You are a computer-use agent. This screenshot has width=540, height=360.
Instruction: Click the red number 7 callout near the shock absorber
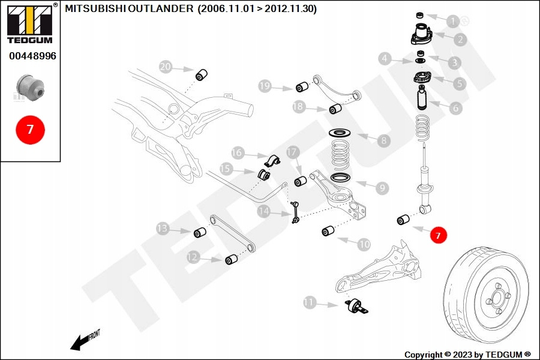click(x=438, y=236)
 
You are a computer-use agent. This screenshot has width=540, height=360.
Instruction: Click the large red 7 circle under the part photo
click(x=30, y=129)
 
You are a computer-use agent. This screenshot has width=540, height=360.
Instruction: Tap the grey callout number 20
click(x=166, y=66)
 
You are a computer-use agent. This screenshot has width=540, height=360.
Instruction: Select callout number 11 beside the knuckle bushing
click(x=309, y=302)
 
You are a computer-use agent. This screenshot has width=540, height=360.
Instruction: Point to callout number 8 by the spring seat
click(x=383, y=141)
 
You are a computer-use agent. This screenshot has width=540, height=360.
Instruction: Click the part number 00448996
click(x=32, y=56)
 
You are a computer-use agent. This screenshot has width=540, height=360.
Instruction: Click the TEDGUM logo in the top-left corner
click(x=29, y=24)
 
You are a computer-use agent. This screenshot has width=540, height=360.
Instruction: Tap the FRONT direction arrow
click(x=84, y=340)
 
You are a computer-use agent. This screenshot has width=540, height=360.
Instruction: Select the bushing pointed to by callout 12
click(x=232, y=259)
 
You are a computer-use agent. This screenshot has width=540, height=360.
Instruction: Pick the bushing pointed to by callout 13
click(x=200, y=232)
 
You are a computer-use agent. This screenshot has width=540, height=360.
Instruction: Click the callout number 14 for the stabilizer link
click(x=265, y=211)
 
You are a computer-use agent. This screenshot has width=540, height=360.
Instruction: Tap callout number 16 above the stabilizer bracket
click(x=238, y=153)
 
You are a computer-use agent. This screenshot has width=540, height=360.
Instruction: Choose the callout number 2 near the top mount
click(x=460, y=40)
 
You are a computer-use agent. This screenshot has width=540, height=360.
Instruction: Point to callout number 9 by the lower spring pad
click(x=382, y=188)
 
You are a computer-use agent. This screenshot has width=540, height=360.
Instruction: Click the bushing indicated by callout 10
click(x=329, y=231)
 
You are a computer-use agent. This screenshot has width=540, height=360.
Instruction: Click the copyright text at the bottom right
click(x=467, y=355)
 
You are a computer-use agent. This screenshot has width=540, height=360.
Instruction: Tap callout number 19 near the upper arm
click(x=265, y=86)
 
